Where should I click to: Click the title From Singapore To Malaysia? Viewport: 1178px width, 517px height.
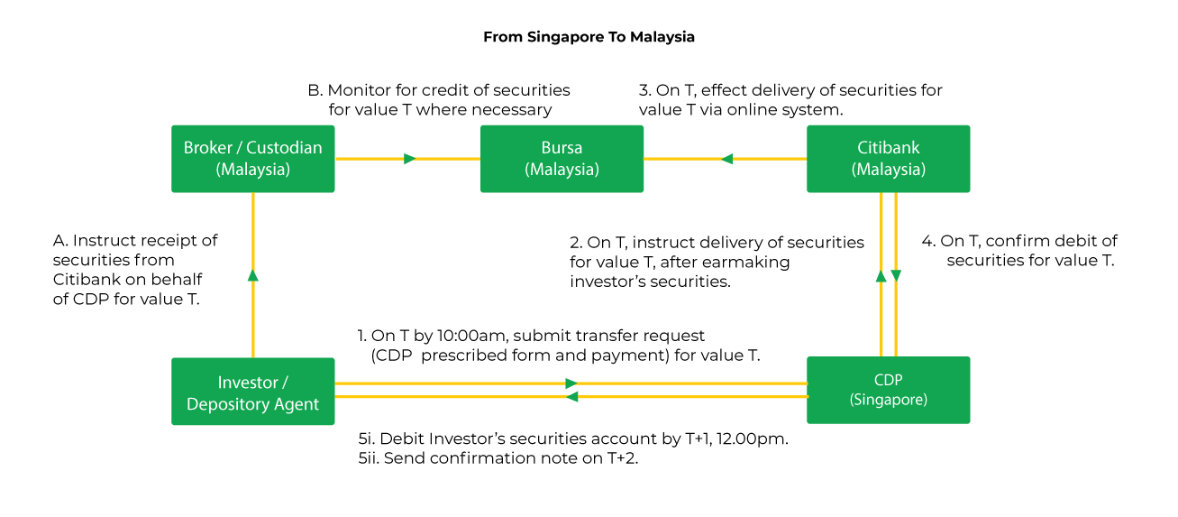click(589, 37)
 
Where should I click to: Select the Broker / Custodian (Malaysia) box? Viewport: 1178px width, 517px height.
click(252, 159)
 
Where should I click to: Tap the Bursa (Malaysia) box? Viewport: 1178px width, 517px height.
click(562, 159)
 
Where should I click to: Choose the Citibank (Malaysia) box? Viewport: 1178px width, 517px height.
click(888, 159)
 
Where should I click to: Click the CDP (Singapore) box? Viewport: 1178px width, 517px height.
click(888, 390)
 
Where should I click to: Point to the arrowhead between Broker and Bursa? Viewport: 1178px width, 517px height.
click(410, 159)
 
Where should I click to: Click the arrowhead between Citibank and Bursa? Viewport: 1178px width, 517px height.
click(726, 159)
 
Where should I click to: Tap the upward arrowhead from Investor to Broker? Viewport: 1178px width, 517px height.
click(253, 274)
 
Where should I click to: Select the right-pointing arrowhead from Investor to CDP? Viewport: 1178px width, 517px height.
click(571, 383)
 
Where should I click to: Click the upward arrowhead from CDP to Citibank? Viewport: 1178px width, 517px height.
click(881, 274)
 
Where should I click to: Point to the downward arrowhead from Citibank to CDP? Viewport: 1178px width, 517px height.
click(896, 274)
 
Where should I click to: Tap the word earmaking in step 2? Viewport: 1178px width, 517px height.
click(747, 262)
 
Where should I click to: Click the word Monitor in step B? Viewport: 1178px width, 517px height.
click(357, 90)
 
